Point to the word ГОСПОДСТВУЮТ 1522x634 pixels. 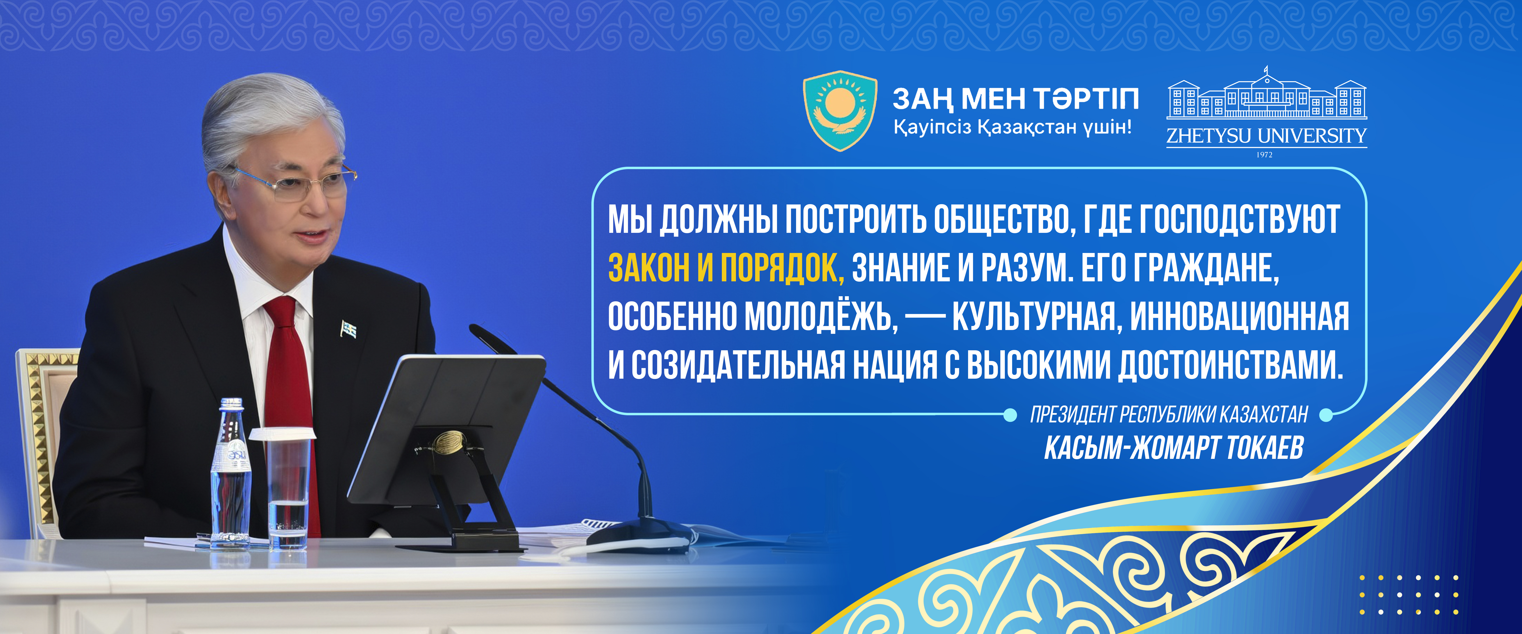click(x=1239, y=220)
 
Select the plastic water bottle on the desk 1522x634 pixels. click(x=231, y=473)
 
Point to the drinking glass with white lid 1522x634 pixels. click(x=286, y=487)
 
